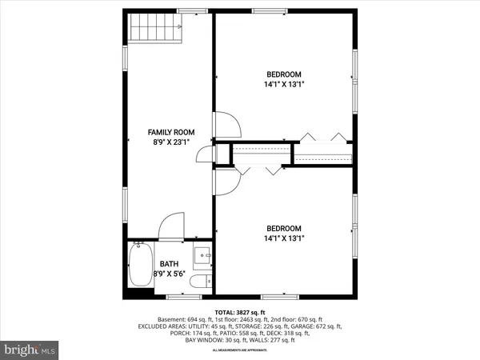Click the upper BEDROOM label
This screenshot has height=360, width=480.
284,71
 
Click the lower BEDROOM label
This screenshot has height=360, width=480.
284,226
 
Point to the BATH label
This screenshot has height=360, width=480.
169,264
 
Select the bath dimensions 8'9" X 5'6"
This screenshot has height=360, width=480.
169,274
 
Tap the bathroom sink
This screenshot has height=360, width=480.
203,257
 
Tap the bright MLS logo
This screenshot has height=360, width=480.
30,350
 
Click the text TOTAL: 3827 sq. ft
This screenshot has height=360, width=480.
240,312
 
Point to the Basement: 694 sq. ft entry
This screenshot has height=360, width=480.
178,319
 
